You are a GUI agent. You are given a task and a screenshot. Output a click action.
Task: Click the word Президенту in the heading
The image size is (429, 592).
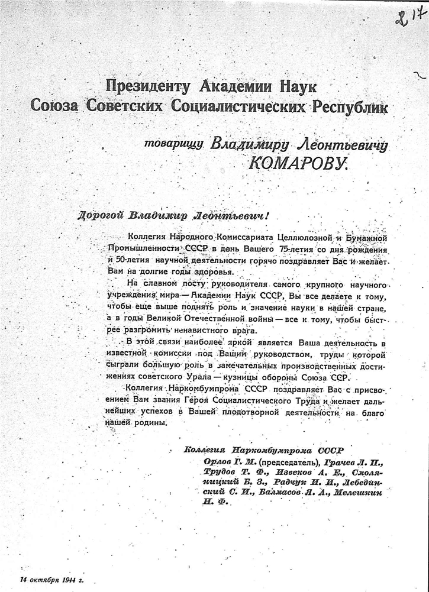click(147, 86)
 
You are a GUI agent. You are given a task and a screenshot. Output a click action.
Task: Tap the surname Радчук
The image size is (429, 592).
click(289, 481)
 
